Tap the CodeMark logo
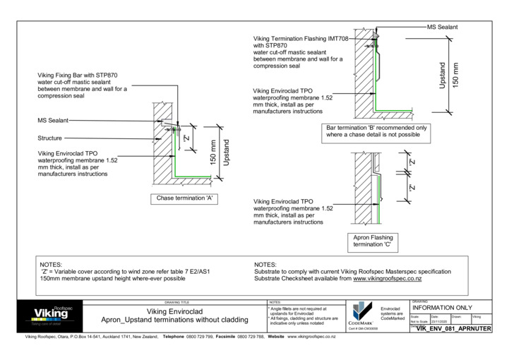pyautogui.click(x=361, y=313)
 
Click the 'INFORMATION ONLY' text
pyautogui.click(x=441, y=308)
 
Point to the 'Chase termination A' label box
pyautogui.click(x=184, y=199)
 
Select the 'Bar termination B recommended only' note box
pyautogui.click(x=386, y=132)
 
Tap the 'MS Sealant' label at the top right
pyautogui.click(x=443, y=27)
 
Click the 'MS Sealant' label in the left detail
pyautogui.click(x=53, y=121)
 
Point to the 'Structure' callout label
pyautogui.click(x=49, y=138)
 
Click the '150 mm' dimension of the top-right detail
pyautogui.click(x=455, y=74)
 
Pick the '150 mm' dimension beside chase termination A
pyautogui.click(x=212, y=154)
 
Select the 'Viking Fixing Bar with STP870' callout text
pyautogui.click(x=78, y=74)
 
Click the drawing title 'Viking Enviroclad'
pyautogui.click(x=174, y=311)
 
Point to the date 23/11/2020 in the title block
pyautogui.click(x=439, y=321)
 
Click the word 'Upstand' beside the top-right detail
pyautogui.click(x=443, y=74)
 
